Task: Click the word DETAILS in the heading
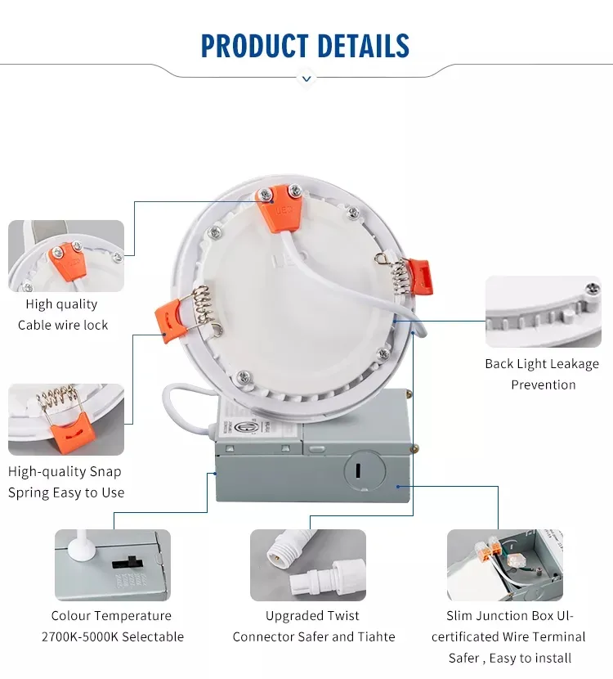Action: [x=363, y=46]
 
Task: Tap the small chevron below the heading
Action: [x=306, y=79]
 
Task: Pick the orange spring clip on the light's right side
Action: [x=419, y=277]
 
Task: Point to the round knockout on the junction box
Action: [x=365, y=471]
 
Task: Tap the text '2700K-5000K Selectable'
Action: [x=113, y=636]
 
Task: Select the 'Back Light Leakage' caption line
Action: [x=542, y=364]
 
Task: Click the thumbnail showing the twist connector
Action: [x=308, y=565]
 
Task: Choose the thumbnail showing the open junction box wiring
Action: [x=505, y=565]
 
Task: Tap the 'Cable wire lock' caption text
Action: [x=63, y=325]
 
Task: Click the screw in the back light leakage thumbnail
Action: [x=593, y=287]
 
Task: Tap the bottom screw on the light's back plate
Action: [x=244, y=377]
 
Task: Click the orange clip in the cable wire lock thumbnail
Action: [x=67, y=262]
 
